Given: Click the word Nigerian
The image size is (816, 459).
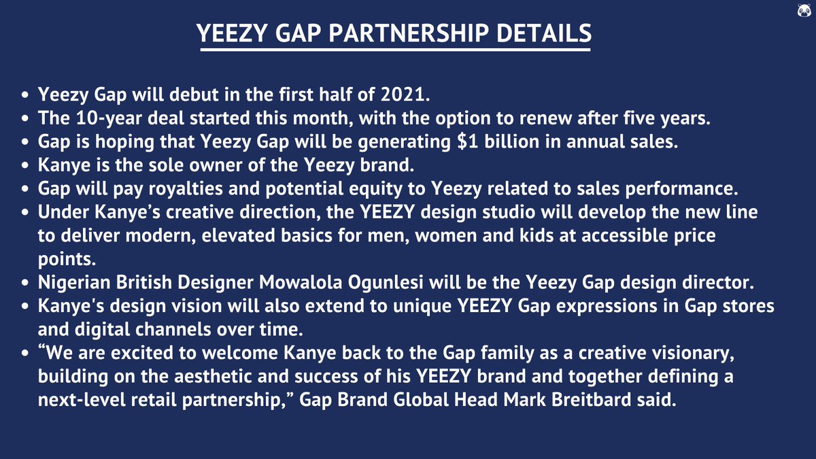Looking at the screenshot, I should (x=71, y=282).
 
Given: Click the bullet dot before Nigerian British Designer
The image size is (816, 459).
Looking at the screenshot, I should (x=25, y=283).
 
